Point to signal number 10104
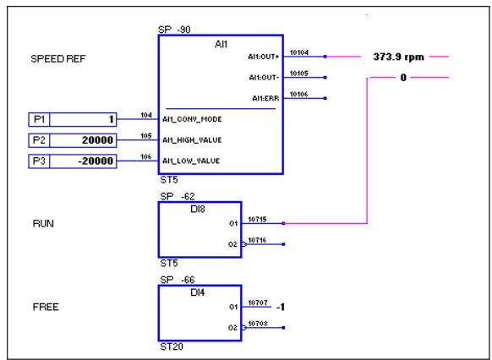click(298, 52)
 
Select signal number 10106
click(298, 93)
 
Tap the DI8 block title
click(200, 208)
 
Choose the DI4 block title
click(200, 292)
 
